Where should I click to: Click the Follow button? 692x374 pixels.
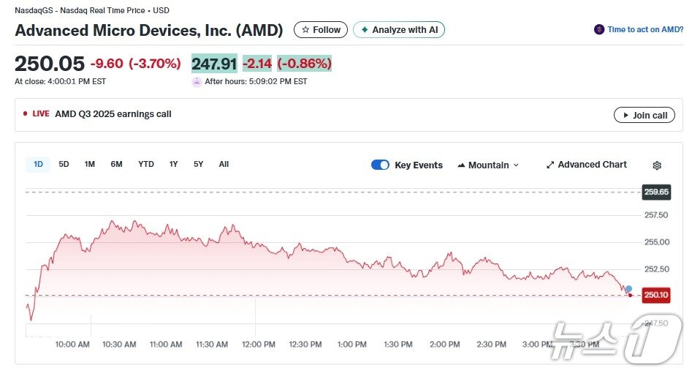321,30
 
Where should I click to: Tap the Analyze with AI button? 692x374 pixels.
399,30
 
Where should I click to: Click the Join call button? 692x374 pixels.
644,115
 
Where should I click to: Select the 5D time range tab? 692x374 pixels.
64,164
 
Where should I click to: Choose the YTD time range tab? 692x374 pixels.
146,164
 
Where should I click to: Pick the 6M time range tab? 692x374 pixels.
116,164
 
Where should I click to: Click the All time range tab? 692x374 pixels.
224,164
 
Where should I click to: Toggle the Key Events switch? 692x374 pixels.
380,165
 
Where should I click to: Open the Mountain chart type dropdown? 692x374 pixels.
487,165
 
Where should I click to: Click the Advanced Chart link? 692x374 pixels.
586,165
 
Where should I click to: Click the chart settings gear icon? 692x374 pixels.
657,165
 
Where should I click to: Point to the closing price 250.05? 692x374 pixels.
50,64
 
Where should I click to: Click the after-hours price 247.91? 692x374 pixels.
214,64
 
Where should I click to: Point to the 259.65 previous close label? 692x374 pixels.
655,192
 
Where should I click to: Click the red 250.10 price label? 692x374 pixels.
655,295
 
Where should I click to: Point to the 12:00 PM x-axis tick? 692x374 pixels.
259,344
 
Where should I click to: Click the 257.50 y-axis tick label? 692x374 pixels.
655,215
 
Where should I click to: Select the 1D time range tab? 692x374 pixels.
38,164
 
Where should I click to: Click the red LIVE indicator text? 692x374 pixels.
40,114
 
